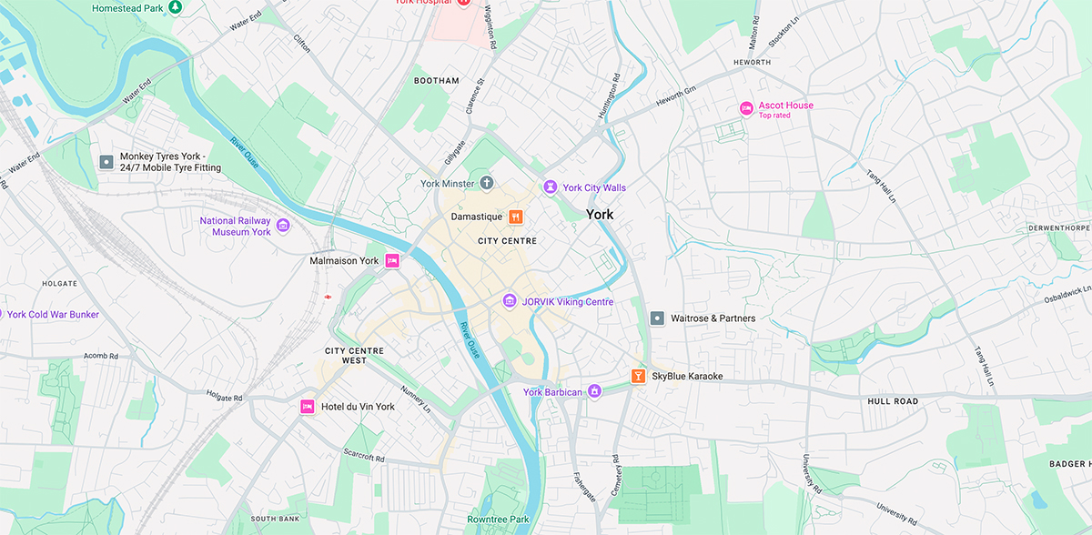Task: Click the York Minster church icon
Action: [x=487, y=184]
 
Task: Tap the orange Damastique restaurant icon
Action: [x=516, y=217]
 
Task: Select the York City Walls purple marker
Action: [x=550, y=187]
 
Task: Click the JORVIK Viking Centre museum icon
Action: [x=510, y=301]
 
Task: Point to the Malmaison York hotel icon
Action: [x=392, y=260]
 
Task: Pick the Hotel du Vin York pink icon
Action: [x=308, y=407]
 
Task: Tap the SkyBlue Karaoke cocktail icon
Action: [x=639, y=376]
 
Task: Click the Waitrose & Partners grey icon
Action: [x=657, y=318]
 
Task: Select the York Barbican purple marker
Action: [x=594, y=391]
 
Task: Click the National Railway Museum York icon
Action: [x=283, y=226]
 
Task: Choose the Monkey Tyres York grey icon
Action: [x=106, y=162]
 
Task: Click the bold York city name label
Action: [x=600, y=215]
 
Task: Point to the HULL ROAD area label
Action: [x=892, y=401]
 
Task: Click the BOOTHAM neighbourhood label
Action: [x=437, y=81]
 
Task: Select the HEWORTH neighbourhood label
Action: [x=752, y=63]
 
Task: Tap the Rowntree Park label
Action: [x=498, y=520]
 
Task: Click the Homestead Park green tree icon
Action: [x=176, y=7]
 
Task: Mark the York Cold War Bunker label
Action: [x=53, y=315]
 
